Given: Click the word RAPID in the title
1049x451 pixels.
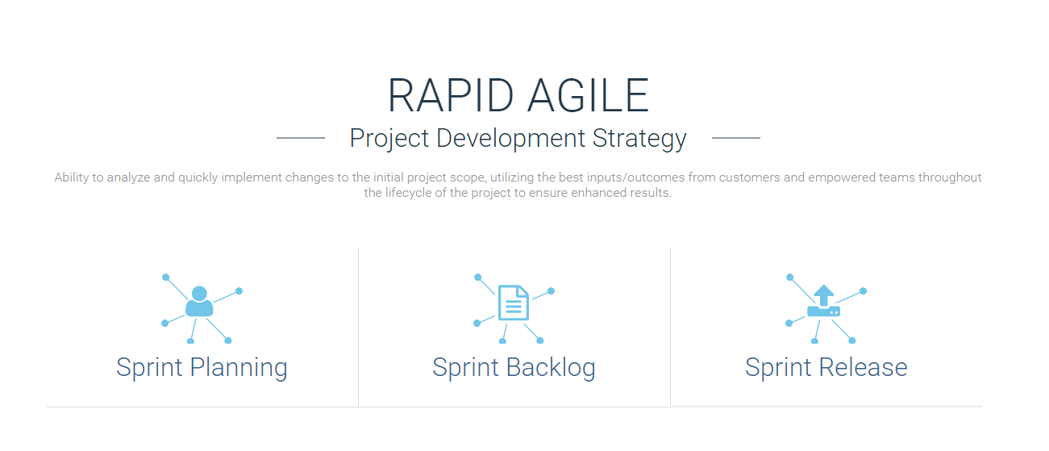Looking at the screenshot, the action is point(451,96).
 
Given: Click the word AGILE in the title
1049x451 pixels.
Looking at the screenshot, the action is point(588,96).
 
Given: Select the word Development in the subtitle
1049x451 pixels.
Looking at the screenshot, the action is point(510,139).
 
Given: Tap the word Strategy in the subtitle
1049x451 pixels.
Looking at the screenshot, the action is point(639,140).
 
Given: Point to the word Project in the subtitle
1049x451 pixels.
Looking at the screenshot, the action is point(389,140).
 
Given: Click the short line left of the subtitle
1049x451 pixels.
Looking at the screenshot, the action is point(301,138).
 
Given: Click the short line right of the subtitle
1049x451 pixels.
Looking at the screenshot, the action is point(735,138).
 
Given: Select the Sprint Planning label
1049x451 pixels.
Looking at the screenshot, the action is point(202,367).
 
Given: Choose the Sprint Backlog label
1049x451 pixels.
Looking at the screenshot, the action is point(514,367).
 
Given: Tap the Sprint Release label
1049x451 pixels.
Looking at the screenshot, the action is point(826,367).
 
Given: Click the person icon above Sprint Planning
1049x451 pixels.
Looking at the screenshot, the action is point(199,302).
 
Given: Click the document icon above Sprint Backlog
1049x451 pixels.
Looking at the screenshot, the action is point(514,303).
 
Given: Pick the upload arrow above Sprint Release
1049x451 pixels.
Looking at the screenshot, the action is point(824,295).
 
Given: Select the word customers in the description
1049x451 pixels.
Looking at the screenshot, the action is point(749,177).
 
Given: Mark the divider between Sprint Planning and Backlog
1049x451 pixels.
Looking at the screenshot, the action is point(358,328).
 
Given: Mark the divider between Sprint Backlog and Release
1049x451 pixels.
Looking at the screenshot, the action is point(670,328).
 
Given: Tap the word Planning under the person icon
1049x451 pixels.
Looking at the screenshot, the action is point(239,368).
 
